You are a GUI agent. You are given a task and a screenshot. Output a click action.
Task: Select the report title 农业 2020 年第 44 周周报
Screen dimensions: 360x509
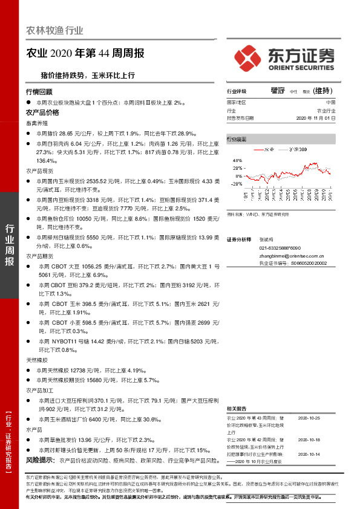pos(85,53)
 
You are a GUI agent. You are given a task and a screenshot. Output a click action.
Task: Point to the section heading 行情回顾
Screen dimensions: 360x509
pos(39,92)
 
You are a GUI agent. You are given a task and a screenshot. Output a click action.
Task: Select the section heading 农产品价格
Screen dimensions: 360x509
pos(42,112)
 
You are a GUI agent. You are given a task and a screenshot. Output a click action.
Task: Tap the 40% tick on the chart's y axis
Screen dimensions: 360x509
pos(237,160)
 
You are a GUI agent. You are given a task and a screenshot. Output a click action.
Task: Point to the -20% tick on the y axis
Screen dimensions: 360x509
pos(237,183)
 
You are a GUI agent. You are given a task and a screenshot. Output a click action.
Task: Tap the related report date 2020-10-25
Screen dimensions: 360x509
pos(310,417)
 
